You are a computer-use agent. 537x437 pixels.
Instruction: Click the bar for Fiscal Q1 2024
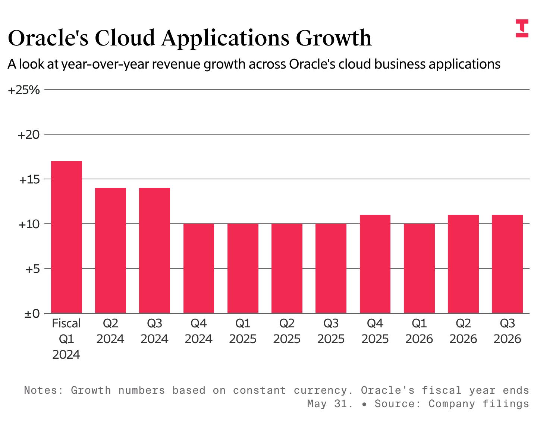click(x=66, y=237)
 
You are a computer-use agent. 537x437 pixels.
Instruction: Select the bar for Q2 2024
click(x=110, y=251)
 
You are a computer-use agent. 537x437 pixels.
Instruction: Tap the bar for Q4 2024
click(x=199, y=268)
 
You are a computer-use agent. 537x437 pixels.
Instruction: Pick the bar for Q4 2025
click(x=375, y=264)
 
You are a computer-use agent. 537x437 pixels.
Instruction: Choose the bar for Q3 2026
click(x=507, y=264)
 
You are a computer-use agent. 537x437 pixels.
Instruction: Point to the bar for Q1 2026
click(x=419, y=268)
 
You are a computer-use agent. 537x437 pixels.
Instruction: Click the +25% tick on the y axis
click(x=24, y=90)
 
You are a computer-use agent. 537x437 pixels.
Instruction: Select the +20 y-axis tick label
click(x=29, y=135)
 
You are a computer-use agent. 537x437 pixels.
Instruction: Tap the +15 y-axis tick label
click(x=29, y=179)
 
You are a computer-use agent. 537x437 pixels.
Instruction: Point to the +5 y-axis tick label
click(x=32, y=269)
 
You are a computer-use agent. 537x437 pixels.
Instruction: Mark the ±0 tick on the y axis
click(x=32, y=314)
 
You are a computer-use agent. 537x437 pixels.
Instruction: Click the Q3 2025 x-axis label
click(x=331, y=331)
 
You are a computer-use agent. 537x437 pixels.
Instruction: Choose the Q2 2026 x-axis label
click(x=463, y=331)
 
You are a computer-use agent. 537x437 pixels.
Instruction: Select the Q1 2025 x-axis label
click(x=243, y=331)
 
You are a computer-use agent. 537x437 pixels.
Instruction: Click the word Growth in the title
click(x=334, y=38)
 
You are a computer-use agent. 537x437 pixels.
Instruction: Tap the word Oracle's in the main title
click(x=48, y=38)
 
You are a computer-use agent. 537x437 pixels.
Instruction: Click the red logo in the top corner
click(x=522, y=28)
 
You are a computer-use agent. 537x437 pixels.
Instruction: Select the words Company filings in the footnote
click(x=478, y=404)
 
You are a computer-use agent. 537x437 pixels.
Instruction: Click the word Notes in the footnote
click(x=40, y=390)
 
